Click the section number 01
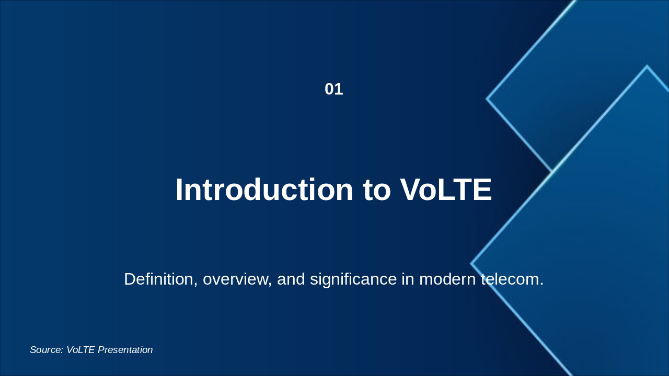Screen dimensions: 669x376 pyautogui.click(x=334, y=89)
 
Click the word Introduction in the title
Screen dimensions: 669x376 pyautogui.click(x=264, y=190)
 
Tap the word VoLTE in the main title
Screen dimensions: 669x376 pyautogui.click(x=446, y=190)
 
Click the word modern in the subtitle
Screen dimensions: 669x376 pyautogui.click(x=447, y=279)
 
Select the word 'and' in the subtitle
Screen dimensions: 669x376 pyautogui.click(x=291, y=279)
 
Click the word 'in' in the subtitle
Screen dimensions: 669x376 pyautogui.click(x=408, y=279)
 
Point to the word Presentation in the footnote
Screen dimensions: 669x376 pyautogui.click(x=125, y=350)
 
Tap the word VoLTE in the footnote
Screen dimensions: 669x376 pyautogui.click(x=80, y=350)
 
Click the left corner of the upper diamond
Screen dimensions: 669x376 pyautogui.click(x=487, y=99)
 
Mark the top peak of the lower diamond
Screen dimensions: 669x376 pyautogui.click(x=647, y=66)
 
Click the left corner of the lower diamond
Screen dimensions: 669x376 pyautogui.click(x=471, y=264)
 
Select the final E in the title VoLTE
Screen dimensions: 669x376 pyautogui.click(x=482, y=190)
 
